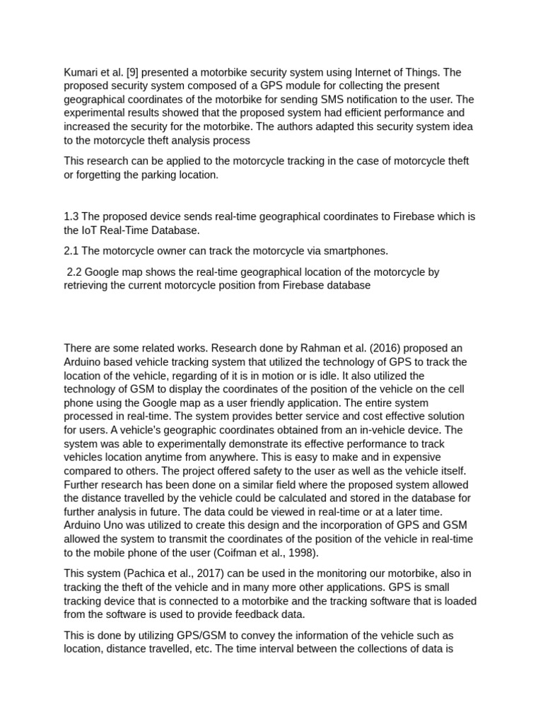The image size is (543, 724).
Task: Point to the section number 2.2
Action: [x=74, y=272]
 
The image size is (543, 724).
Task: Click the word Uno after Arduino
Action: [x=115, y=525]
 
